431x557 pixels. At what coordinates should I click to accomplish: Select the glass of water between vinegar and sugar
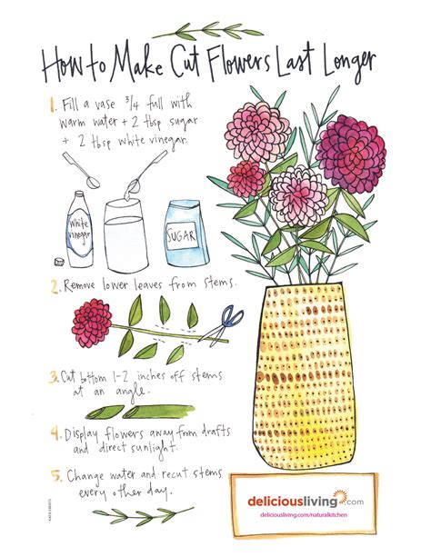[x=128, y=236]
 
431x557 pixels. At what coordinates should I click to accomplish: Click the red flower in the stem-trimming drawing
[x=92, y=319]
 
